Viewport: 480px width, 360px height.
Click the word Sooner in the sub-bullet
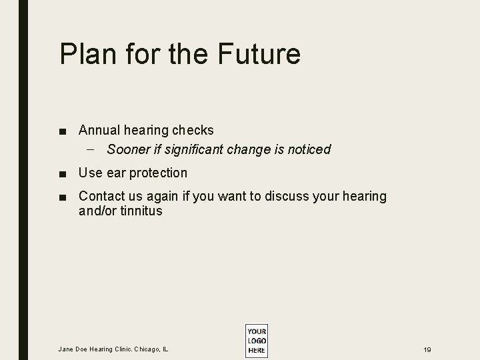coord(129,149)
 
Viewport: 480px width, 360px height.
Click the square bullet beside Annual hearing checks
coord(62,131)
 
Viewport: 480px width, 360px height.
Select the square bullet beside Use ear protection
coord(62,173)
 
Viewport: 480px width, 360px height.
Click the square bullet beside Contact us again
coord(62,197)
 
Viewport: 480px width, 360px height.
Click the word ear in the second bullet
coord(115,173)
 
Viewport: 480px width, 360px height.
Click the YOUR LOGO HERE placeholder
coord(256,341)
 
